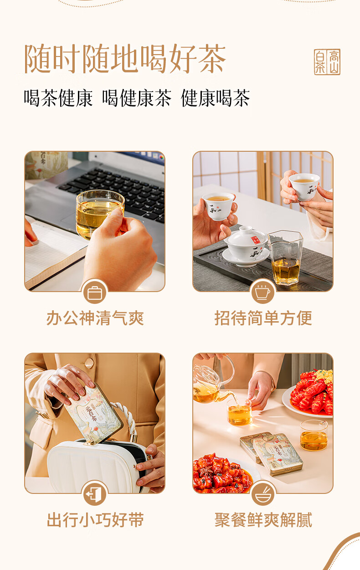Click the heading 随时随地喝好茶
125,59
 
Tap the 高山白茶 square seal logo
327,62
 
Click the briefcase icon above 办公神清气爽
95,293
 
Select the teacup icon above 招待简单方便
263,293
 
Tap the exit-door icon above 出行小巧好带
95,494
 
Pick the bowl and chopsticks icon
263,494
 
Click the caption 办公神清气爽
95,318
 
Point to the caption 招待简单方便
263,318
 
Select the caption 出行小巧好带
95,520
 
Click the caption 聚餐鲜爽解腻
263,520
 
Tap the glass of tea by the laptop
100,214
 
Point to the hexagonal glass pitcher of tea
285,257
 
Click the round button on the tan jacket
89,363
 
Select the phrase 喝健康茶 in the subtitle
137,98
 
